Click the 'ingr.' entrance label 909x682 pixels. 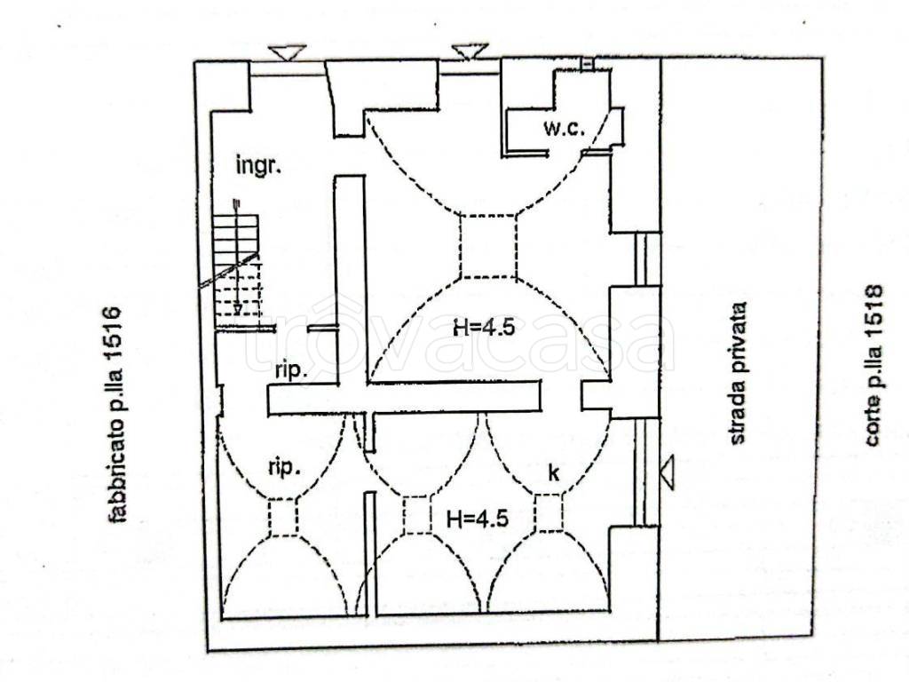[x=258, y=166]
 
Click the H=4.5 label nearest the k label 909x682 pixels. [x=478, y=518]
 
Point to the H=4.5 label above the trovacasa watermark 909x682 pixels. [x=484, y=328]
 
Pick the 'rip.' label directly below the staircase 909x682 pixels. [x=290, y=371]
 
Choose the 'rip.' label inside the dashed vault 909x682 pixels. [x=284, y=467]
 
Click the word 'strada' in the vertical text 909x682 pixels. [x=738, y=416]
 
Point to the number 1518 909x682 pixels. [x=873, y=305]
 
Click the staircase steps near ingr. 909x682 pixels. [x=236, y=265]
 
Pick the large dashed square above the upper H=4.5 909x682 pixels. [x=488, y=247]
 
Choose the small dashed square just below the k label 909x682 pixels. [x=549, y=512]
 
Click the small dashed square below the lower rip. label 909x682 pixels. [x=283, y=518]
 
